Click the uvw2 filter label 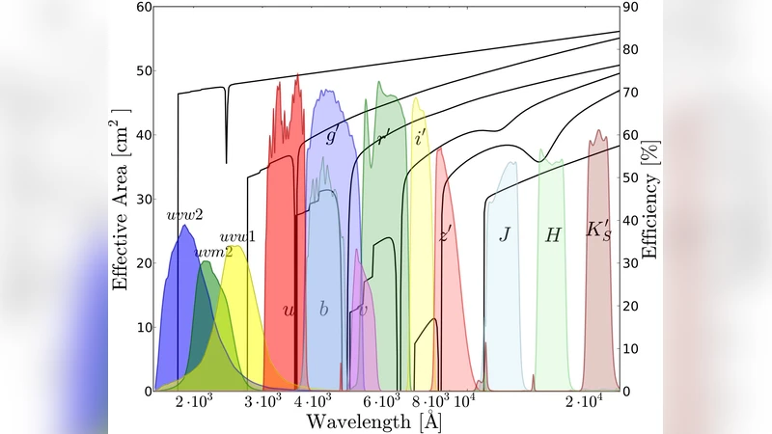184,214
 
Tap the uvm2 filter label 212,253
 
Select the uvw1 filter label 236,236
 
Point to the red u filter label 289,311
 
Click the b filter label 323,310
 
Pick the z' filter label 446,233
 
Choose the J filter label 504,233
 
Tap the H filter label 553,234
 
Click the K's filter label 598,231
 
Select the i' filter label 421,138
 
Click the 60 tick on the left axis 142,7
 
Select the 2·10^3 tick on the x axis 191,400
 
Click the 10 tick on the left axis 142,328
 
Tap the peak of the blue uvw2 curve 182,226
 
